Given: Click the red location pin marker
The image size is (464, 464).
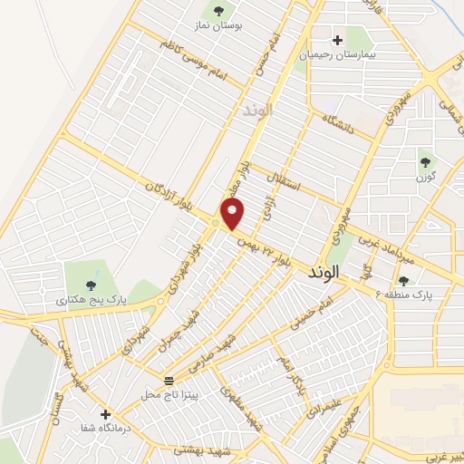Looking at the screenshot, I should click(234, 214).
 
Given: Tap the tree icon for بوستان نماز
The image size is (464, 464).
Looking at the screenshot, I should click(217, 11).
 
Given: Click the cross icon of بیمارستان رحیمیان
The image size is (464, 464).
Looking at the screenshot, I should click(338, 40).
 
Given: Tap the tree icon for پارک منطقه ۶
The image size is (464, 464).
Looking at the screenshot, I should click(402, 281).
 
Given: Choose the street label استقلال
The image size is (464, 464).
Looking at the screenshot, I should click(290, 184).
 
